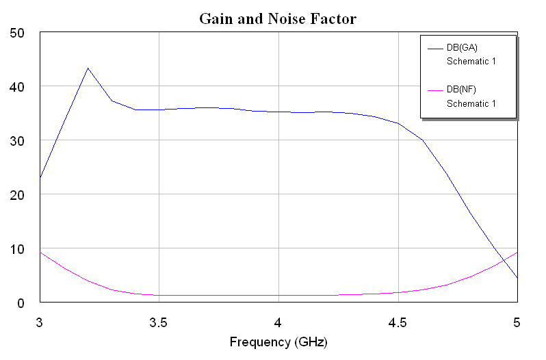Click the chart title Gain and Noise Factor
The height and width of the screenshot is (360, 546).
278,18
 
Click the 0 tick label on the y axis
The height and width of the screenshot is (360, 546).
21,303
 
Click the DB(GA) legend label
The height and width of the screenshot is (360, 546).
461,47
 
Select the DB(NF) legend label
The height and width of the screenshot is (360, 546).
461,90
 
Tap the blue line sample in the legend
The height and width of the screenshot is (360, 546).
435,47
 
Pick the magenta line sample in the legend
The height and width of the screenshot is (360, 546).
435,90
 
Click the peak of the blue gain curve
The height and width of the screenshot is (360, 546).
88,68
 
